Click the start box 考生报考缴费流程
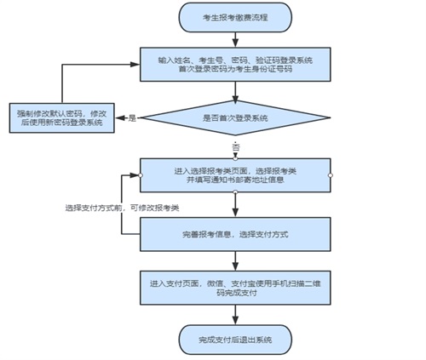pos(234,16)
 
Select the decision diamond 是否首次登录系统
pos(235,117)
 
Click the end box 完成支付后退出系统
pos(235,340)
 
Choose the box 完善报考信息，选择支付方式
pos(235,232)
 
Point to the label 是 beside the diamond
pos(132,117)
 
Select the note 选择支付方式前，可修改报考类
pos(121,209)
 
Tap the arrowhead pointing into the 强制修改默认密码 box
pos(119,117)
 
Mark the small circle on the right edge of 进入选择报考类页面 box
pos(331,174)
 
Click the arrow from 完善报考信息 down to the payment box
pos(235,259)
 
